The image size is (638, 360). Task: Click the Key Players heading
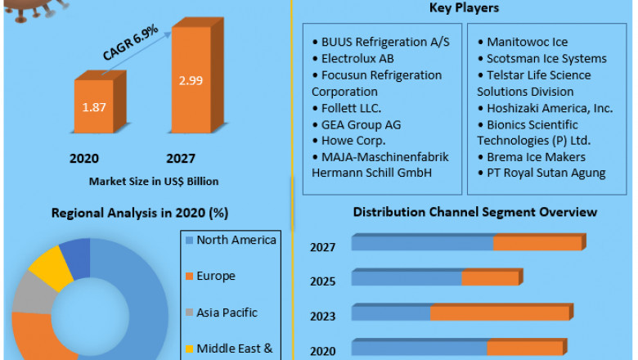[464, 8]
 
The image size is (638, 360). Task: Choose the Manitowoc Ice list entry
[527, 42]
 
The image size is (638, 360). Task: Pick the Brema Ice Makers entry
[530, 156]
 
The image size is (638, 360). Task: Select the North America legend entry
[236, 240]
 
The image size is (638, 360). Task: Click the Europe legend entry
[215, 276]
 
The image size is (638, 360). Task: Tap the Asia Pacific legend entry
[227, 312]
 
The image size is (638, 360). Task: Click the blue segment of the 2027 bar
[422, 243]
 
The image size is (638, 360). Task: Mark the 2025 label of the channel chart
[322, 281]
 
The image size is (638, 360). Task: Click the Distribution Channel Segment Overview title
[475, 213]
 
